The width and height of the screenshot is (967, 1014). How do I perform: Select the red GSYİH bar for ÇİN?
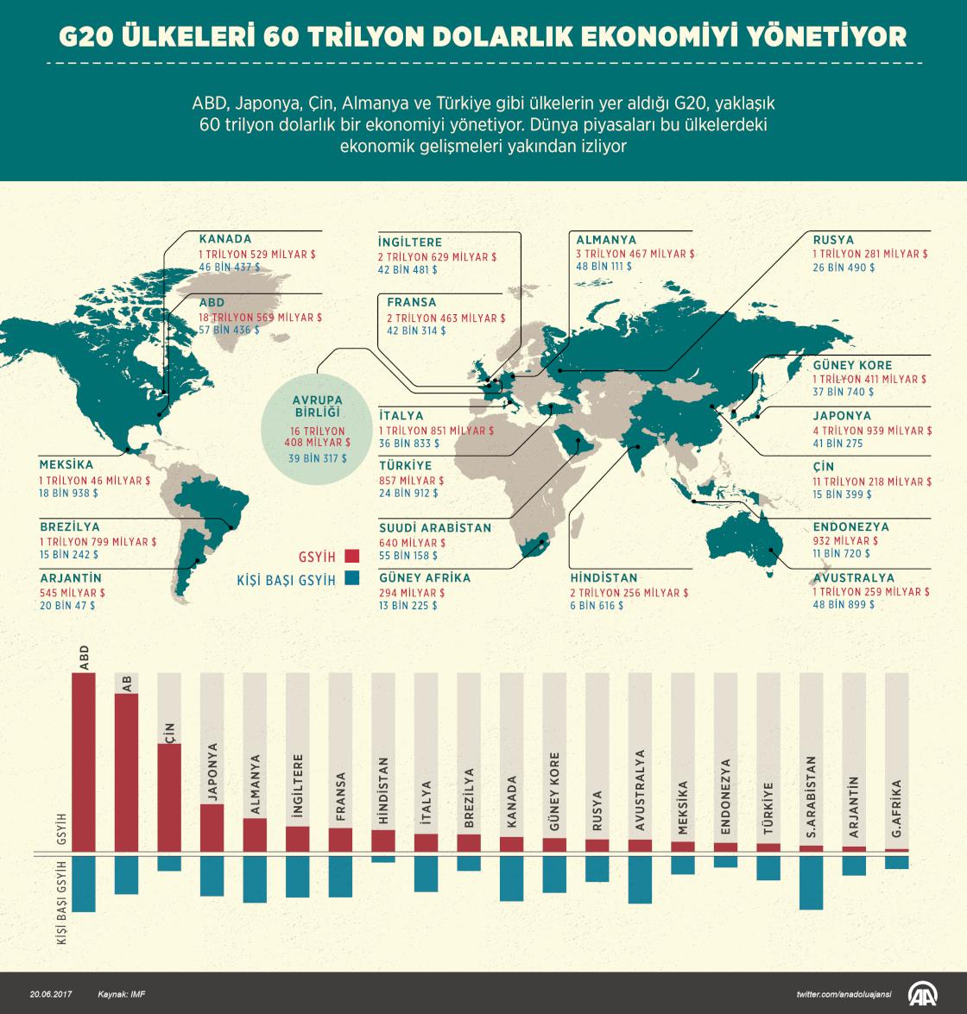(169, 797)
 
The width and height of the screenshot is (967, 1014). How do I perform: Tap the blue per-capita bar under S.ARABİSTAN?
(811, 882)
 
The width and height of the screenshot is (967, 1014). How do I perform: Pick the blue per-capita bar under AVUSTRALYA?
(640, 879)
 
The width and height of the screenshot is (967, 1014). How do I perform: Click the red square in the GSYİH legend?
(351, 557)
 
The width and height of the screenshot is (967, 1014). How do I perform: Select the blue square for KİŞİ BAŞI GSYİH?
(351, 580)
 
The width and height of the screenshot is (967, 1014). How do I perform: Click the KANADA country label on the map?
(225, 239)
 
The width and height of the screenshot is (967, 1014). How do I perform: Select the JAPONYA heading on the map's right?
(842, 416)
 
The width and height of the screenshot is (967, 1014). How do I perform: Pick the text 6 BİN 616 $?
(596, 606)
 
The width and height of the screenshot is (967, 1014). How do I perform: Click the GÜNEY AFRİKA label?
(425, 578)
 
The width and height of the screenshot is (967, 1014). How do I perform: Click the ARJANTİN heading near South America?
(71, 578)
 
